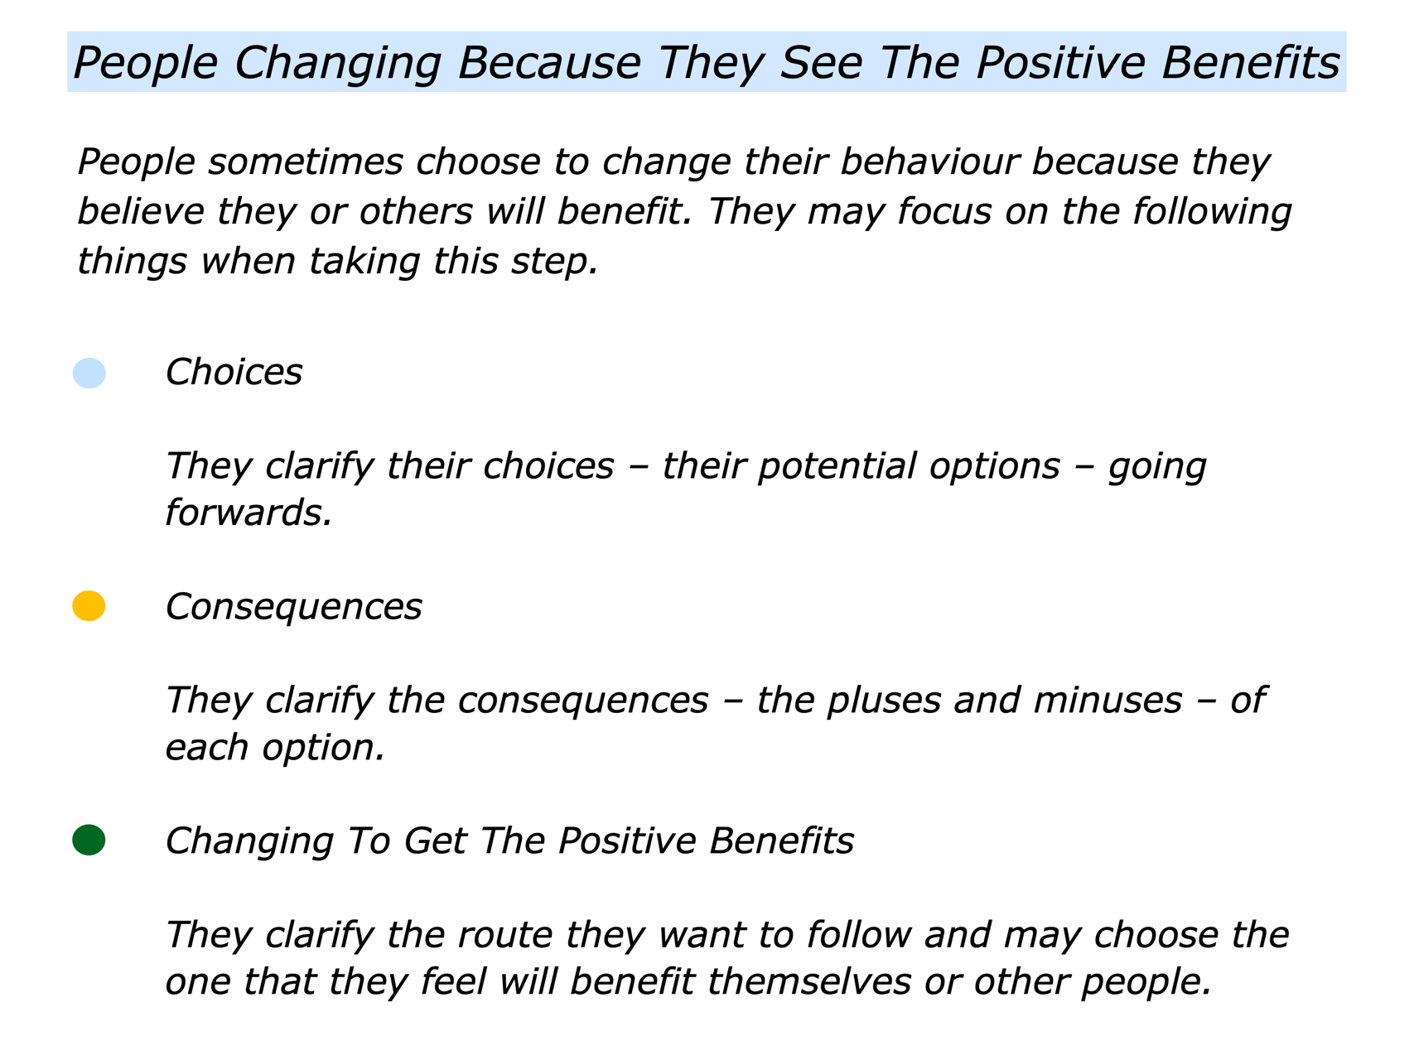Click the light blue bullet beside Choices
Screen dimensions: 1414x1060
point(89,373)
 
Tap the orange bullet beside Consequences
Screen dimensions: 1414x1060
point(89,606)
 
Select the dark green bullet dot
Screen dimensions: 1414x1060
point(89,841)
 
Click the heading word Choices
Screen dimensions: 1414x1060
point(234,373)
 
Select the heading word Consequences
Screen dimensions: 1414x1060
point(294,607)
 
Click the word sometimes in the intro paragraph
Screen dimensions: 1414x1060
point(306,162)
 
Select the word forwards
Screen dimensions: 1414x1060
point(249,513)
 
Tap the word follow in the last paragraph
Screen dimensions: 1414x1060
point(859,935)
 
